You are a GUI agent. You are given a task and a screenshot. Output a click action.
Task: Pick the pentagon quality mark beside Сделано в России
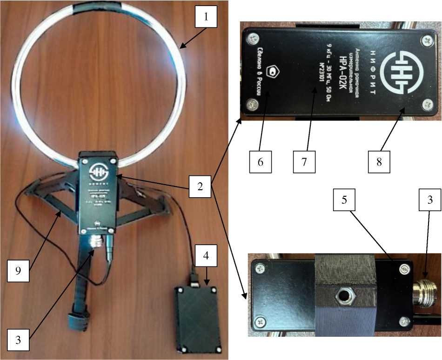tap(271, 70)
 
